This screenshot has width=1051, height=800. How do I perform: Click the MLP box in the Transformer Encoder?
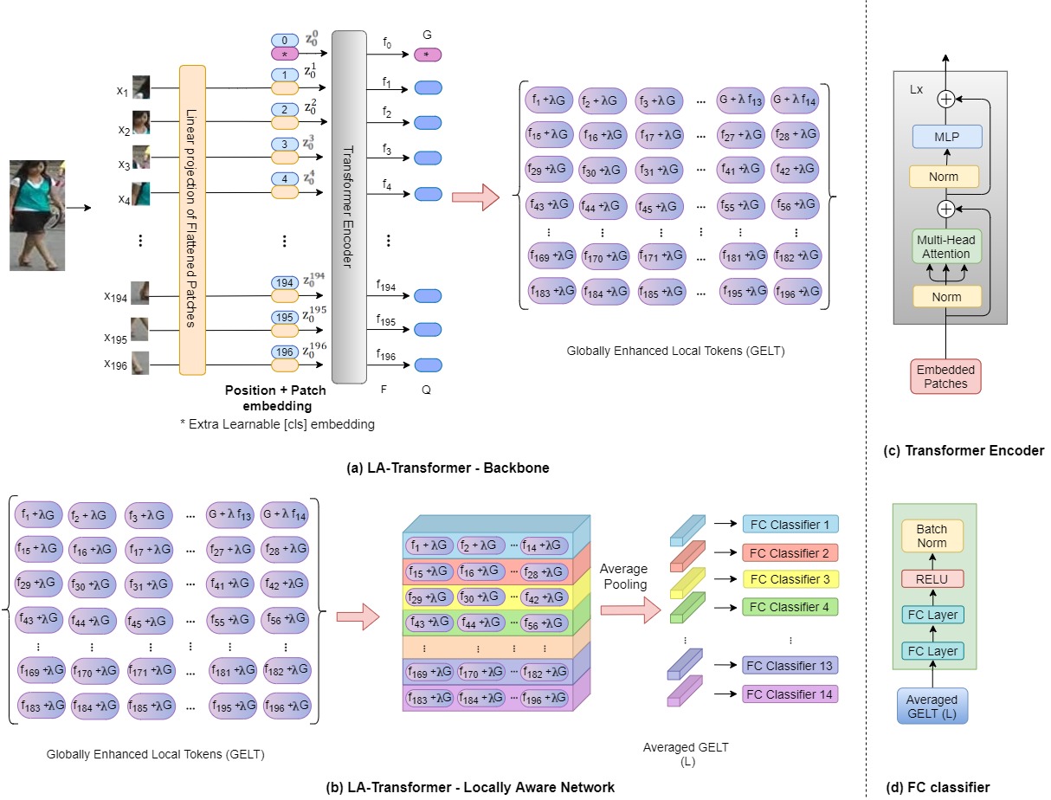click(x=946, y=137)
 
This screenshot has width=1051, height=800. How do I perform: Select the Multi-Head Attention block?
click(x=946, y=245)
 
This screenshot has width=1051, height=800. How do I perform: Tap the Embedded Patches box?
click(x=946, y=377)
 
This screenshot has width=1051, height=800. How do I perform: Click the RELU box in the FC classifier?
click(x=932, y=579)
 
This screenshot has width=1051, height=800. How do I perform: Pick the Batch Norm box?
click(x=932, y=536)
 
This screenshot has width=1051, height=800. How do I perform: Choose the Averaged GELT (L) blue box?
click(x=932, y=706)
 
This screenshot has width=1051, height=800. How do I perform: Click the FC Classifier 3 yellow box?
click(x=790, y=579)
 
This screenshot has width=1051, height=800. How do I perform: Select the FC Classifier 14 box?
click(x=790, y=694)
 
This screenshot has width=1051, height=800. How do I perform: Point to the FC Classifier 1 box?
click(x=790, y=524)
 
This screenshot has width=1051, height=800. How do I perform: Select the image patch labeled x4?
click(x=141, y=192)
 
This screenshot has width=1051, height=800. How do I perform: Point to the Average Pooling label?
click(x=623, y=577)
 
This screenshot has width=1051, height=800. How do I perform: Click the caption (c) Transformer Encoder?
click(x=964, y=450)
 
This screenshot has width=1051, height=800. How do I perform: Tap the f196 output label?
click(x=386, y=356)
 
